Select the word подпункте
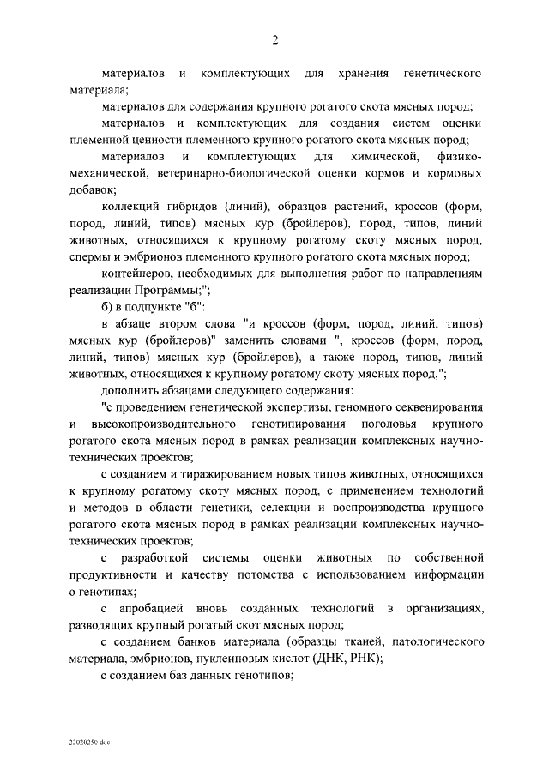[152, 307]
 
